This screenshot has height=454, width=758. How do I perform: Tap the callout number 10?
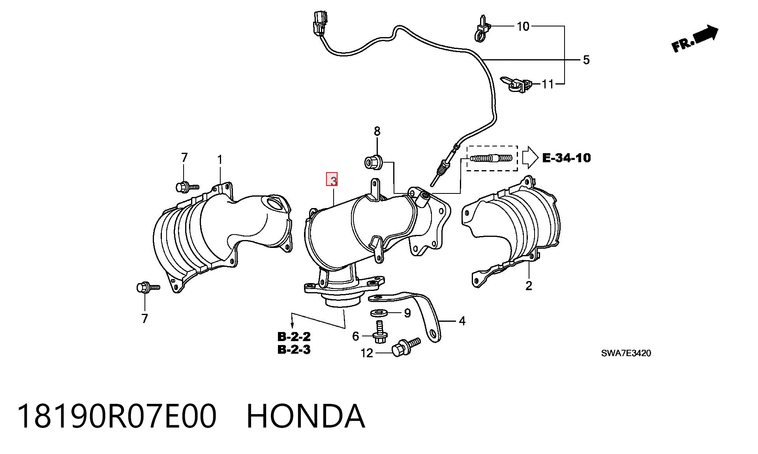523,26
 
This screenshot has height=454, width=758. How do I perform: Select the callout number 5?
586,60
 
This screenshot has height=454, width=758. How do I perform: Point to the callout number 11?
548,84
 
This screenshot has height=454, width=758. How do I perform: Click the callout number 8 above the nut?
377,131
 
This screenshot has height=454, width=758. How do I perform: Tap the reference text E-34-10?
567,158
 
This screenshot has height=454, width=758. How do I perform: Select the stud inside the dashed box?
492,158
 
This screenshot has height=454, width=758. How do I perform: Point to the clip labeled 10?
482,29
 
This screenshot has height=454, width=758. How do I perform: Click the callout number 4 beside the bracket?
462,321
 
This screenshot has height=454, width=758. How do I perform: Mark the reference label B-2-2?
294,337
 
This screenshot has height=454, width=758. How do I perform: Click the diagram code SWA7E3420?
626,353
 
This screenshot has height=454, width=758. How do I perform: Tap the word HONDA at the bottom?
306,416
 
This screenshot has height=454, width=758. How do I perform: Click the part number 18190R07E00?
117,416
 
